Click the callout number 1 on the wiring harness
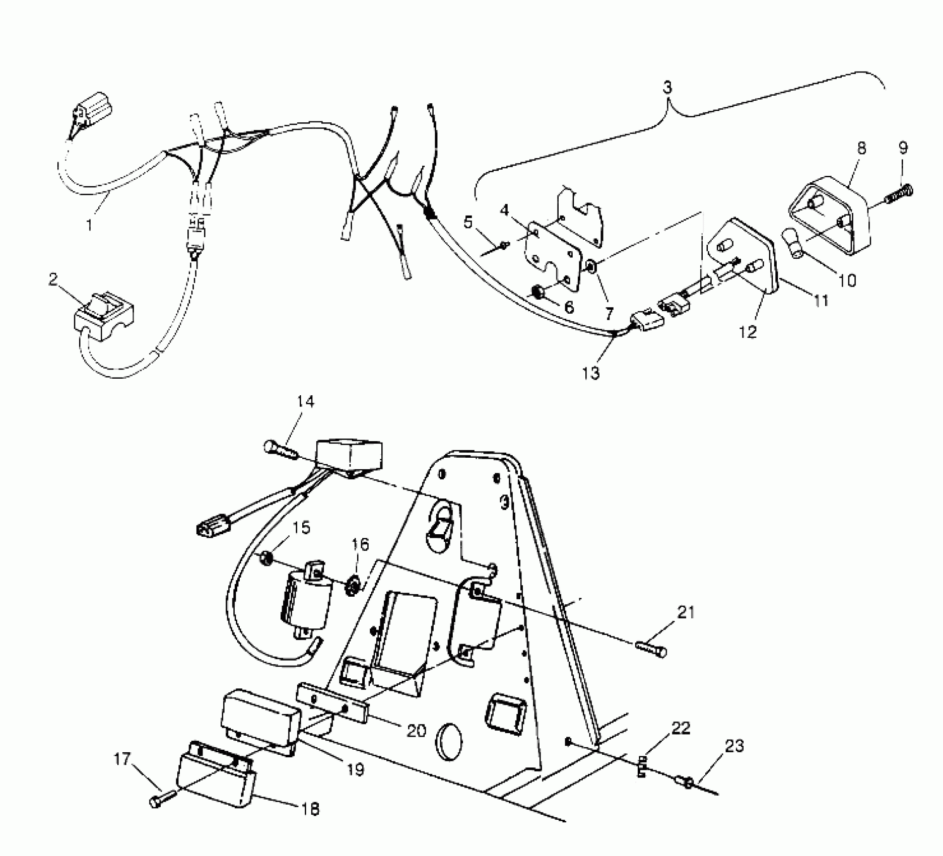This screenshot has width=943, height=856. (90, 224)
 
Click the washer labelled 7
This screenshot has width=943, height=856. (590, 264)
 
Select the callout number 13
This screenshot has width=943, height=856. (591, 373)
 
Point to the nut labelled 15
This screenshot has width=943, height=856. (267, 558)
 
